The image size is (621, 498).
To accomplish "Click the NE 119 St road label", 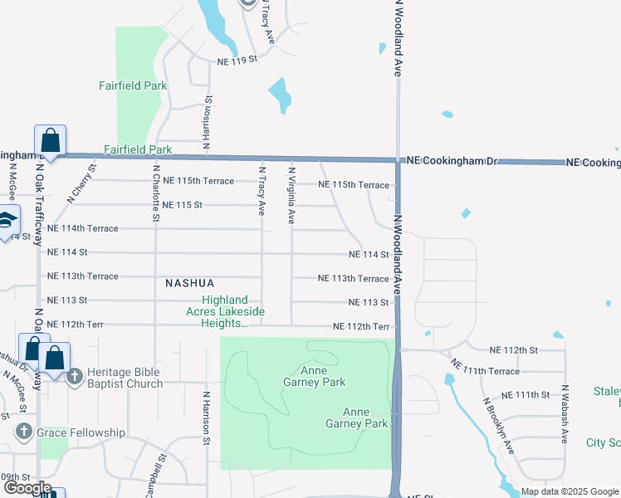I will [x=238, y=61].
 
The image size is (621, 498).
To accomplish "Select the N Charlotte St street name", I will [x=155, y=193].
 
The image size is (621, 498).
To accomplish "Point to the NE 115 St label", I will [x=183, y=205].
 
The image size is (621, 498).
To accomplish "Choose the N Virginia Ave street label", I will [x=291, y=194].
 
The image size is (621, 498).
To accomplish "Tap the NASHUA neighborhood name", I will [x=190, y=283].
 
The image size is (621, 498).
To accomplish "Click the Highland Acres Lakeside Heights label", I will [x=224, y=311].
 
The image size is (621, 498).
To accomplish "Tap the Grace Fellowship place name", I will [x=80, y=432].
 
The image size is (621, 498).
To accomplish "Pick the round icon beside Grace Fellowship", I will [x=23, y=432].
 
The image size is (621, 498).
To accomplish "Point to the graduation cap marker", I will [x=6, y=222].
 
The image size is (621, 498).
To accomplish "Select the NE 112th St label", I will [x=514, y=350].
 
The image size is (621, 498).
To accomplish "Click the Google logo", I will [x=27, y=488].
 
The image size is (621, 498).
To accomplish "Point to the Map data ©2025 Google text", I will [x=570, y=491].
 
